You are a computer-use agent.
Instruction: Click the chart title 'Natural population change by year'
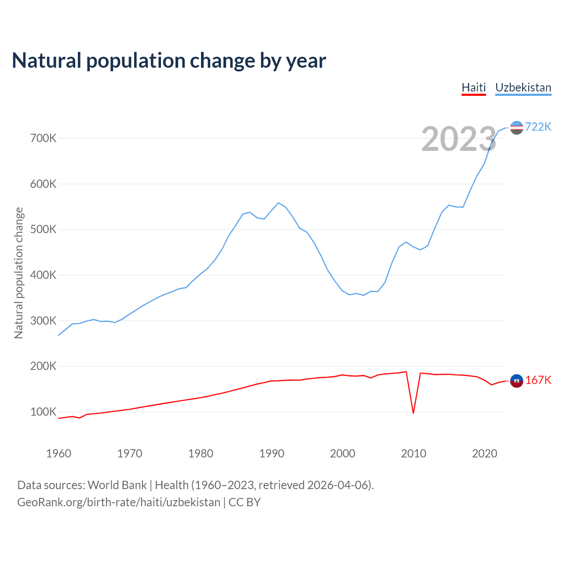click(169, 61)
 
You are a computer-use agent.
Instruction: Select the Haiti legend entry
click(474, 88)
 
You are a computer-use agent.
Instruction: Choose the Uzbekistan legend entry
click(523, 88)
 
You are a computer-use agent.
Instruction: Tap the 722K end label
click(538, 127)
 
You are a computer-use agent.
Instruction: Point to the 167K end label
click(538, 380)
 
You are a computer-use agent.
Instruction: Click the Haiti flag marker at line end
click(516, 381)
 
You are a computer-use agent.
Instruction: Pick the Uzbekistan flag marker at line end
click(516, 128)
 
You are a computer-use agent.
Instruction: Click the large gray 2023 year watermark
click(459, 139)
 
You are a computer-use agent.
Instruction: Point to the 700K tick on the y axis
click(43, 138)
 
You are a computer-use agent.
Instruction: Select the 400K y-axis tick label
click(43, 275)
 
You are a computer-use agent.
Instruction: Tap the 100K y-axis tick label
click(43, 412)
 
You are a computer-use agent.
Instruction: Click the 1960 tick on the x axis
click(58, 453)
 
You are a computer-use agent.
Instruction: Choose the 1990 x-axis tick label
click(271, 453)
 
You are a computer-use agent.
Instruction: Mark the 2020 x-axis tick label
click(484, 453)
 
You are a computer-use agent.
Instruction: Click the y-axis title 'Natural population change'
click(19, 273)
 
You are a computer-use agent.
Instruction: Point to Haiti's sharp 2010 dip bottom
click(413, 413)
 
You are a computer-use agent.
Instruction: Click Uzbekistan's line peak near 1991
click(278, 203)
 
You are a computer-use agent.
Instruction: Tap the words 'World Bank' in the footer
click(117, 485)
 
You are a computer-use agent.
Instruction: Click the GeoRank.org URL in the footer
click(119, 502)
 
